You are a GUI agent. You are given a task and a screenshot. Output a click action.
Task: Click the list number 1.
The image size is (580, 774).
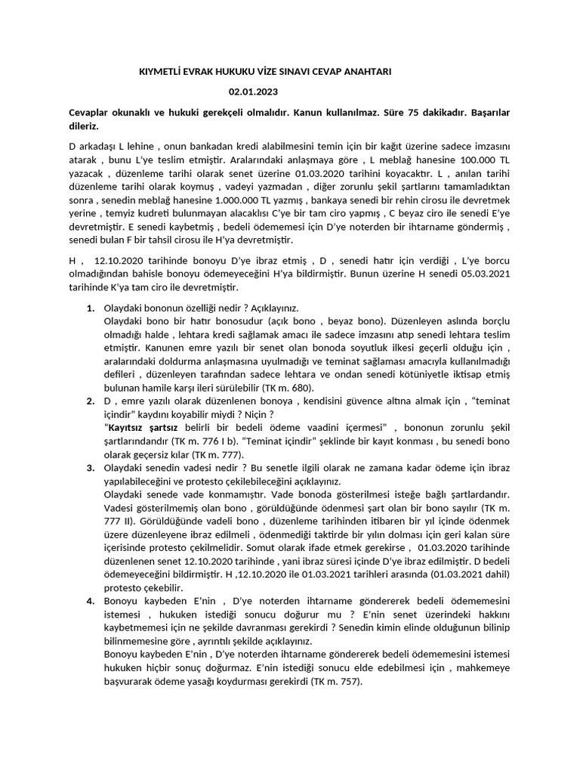pos(90,308)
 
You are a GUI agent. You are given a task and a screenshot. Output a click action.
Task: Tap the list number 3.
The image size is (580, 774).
pos(90,467)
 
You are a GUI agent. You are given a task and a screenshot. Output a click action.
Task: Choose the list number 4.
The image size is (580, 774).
pos(90,600)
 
